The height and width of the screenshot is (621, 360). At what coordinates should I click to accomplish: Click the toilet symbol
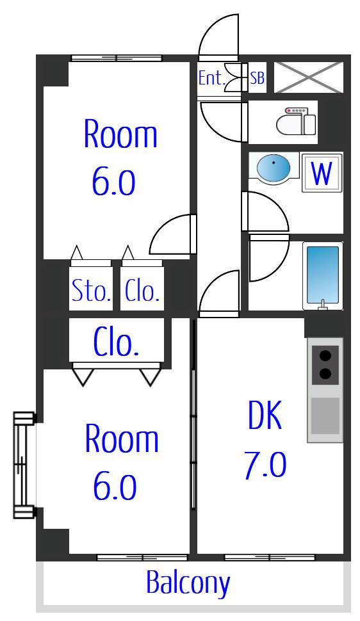point(296,121)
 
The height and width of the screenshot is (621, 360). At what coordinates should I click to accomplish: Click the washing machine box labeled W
point(322,172)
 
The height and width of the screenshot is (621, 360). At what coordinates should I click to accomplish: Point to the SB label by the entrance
point(257,78)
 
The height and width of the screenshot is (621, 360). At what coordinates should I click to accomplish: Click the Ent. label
point(211,78)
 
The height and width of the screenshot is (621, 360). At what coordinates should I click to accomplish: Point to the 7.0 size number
point(265,465)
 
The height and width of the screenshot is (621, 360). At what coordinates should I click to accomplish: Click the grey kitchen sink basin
point(325,416)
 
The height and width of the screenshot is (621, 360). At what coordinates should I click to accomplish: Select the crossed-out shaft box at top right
point(309,77)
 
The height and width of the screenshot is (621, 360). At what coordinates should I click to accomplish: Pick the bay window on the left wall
point(25,465)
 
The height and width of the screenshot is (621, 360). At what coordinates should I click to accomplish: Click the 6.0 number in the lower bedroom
point(115,488)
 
